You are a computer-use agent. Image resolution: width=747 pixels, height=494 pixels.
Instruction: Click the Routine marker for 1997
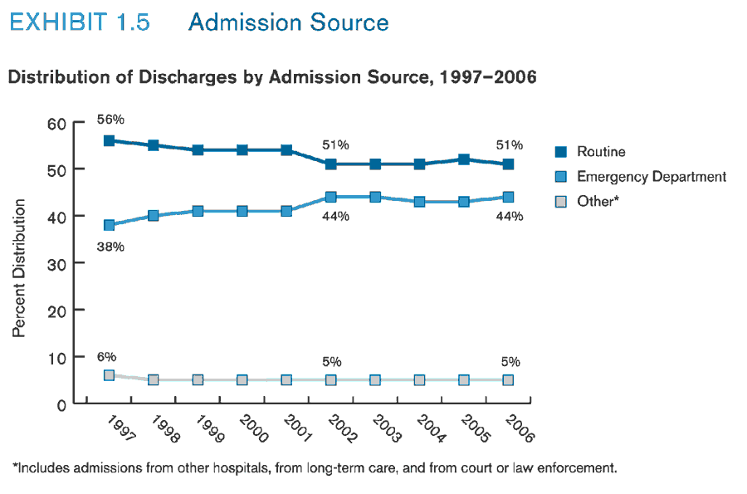109,140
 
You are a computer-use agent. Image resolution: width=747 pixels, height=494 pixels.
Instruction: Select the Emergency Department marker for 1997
109,225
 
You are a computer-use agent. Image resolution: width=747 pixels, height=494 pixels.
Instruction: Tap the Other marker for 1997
109,375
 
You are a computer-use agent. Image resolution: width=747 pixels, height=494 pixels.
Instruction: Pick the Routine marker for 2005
464,159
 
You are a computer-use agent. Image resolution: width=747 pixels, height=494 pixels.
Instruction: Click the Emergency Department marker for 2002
330,197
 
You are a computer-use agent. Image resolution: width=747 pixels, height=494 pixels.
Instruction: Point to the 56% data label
110,119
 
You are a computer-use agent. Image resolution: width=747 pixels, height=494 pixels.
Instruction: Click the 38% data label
110,247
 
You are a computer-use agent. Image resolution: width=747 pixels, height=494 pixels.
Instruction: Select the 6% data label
106,356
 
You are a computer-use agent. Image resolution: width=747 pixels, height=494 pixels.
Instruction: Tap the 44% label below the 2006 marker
510,217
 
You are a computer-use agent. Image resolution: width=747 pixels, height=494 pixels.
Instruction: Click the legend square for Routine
561,152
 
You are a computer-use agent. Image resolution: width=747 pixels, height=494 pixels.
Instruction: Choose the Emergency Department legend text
652,177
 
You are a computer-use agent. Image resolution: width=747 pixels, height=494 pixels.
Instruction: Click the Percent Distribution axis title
19,268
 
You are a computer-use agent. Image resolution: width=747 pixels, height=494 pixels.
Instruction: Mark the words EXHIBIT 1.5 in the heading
80,22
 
